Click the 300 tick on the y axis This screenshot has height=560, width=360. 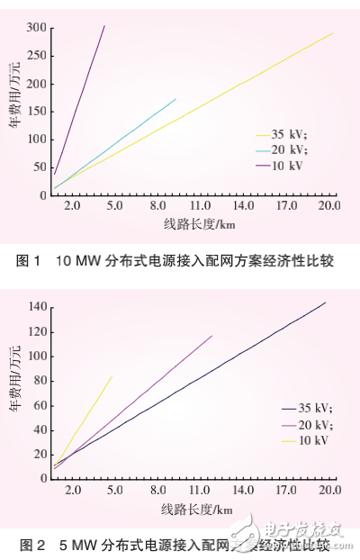35,28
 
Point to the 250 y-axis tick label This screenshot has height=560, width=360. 35,56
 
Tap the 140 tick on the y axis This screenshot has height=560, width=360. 35,307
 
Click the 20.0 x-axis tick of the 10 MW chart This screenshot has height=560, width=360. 328,206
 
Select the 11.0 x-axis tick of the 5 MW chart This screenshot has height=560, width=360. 200,490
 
